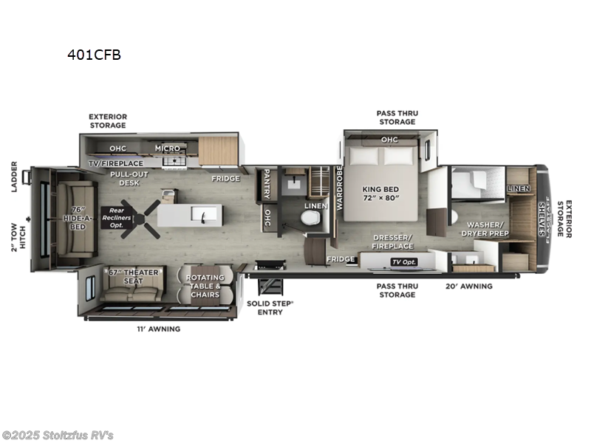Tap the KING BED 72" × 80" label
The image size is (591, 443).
pyautogui.click(x=382, y=193)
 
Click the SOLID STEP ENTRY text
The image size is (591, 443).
pyautogui.click(x=270, y=308)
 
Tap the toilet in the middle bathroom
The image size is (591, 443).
pyautogui.click(x=310, y=219)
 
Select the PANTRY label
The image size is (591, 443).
pyautogui.click(x=264, y=185)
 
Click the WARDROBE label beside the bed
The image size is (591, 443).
pyautogui.click(x=340, y=188)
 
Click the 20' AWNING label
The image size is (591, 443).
pyautogui.click(x=468, y=286)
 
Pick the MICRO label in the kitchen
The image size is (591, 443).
pyautogui.click(x=167, y=148)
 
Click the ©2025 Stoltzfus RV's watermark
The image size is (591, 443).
pyautogui.click(x=58, y=435)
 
